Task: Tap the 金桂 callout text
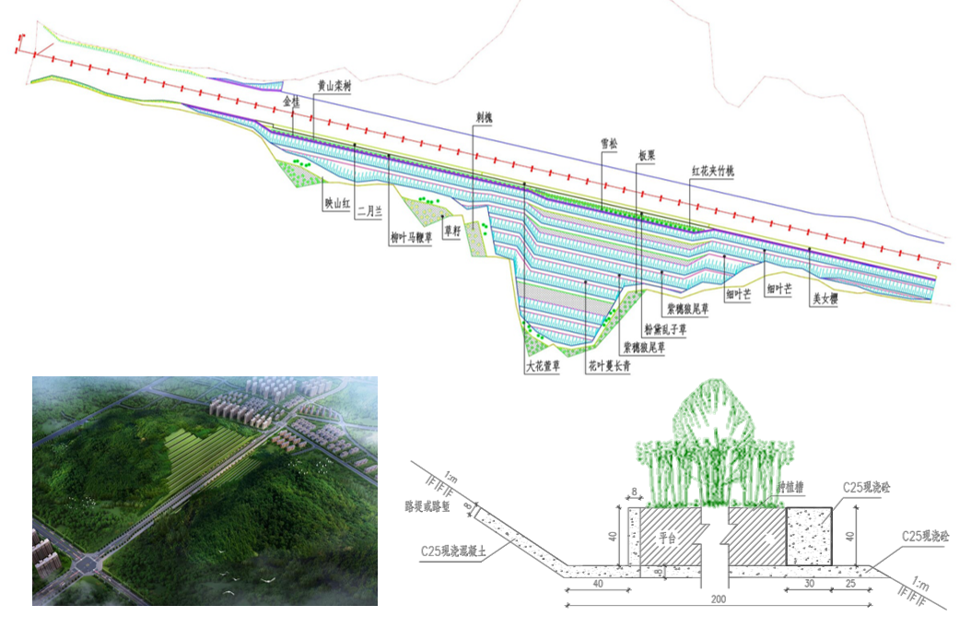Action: [291, 99]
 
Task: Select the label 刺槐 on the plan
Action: [485, 118]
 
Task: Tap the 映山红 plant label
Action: [337, 206]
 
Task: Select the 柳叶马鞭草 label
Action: [410, 238]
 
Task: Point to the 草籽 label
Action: [451, 231]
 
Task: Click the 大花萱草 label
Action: [543, 366]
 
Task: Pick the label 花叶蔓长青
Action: [609, 366]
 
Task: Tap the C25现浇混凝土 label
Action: [455, 552]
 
